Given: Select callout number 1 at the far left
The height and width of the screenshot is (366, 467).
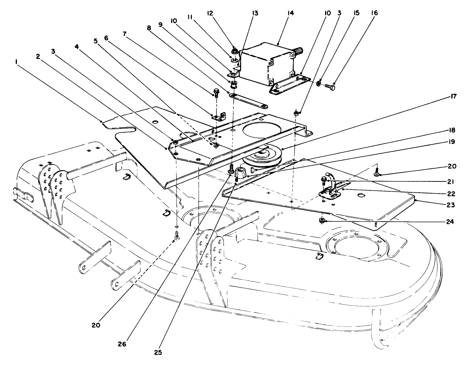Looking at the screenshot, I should pos(16,61).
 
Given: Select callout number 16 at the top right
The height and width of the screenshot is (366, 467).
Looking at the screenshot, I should pos(374,13).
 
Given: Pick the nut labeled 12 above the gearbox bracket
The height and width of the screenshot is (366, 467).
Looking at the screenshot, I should pos(234,53).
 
